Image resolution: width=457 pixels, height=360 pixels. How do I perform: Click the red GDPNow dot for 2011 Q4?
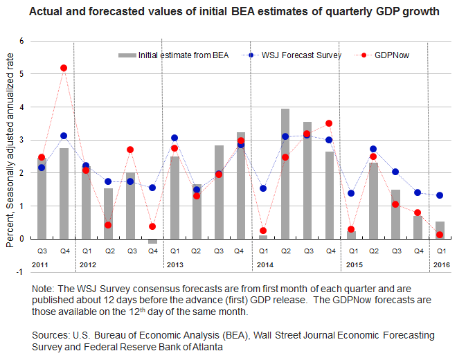(64, 68)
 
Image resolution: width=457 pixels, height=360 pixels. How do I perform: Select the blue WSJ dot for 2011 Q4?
(64, 136)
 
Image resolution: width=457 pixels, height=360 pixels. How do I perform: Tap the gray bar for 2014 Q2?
(285, 173)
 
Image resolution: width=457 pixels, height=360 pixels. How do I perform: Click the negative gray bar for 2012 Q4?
(152, 241)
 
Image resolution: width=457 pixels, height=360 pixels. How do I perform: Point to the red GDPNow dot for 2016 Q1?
(440, 235)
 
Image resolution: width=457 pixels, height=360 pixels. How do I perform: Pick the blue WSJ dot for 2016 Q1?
(440, 195)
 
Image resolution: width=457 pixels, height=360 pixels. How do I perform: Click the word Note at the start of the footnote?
(43, 287)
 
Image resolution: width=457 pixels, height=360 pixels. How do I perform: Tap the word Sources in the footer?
(52, 335)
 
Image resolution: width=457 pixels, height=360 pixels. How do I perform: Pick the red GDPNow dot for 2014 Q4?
(329, 123)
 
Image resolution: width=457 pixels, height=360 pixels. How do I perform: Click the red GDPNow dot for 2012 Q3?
(130, 150)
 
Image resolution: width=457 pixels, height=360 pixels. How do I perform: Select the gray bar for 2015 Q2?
(374, 201)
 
